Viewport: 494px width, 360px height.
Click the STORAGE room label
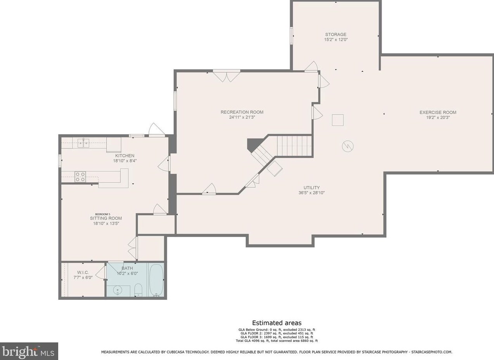pyautogui.click(x=336, y=35)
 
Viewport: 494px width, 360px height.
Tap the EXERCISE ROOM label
pyautogui.click(x=438, y=112)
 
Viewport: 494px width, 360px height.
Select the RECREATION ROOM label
pyautogui.click(x=242, y=112)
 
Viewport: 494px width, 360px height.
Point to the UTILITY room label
pyautogui.click(x=311, y=187)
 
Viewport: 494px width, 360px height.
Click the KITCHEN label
pyautogui.click(x=125, y=156)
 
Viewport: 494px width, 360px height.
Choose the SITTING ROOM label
pyautogui.click(x=106, y=218)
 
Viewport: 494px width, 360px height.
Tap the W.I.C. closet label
pyautogui.click(x=83, y=273)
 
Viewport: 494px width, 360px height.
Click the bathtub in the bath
pyautogui.click(x=156, y=280)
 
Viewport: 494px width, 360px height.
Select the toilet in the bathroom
pyautogui.click(x=138, y=290)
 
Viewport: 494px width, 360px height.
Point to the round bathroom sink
pyautogui.click(x=118, y=290)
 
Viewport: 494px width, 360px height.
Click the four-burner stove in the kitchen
pyautogui.click(x=80, y=177)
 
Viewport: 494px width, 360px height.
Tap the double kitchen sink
pyautogui.click(x=83, y=142)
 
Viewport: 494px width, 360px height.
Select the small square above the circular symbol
pyautogui.click(x=338, y=120)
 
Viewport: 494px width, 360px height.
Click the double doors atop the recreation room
pyautogui.click(x=226, y=76)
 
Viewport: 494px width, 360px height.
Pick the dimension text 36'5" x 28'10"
pyautogui.click(x=311, y=193)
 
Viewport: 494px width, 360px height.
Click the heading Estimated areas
pyautogui.click(x=276, y=323)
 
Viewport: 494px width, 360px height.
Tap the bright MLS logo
pyautogui.click(x=29, y=351)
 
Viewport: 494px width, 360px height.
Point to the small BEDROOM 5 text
pyautogui.click(x=102, y=214)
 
